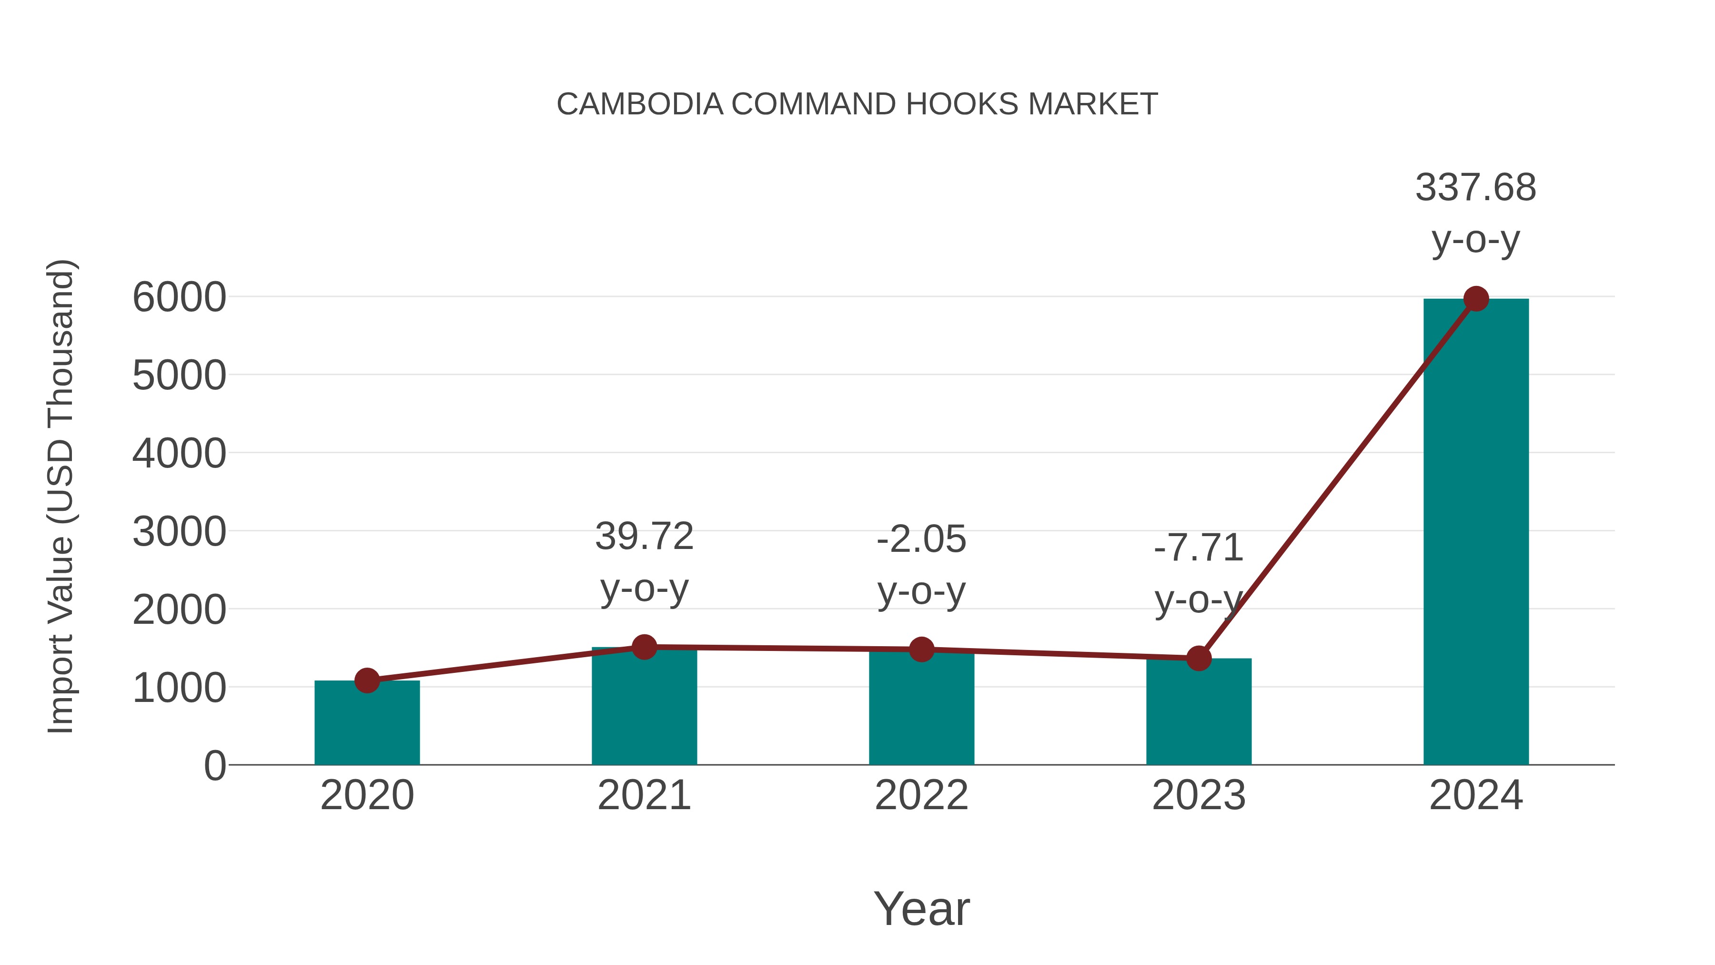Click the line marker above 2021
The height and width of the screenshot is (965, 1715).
click(x=644, y=647)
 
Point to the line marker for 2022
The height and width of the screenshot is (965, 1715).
click(x=921, y=650)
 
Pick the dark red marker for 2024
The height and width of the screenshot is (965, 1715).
click(x=1476, y=299)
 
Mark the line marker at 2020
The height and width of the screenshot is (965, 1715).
click(x=367, y=681)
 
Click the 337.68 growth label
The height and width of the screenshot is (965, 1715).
click(x=1475, y=188)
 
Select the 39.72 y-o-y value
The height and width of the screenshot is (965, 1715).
click(x=644, y=537)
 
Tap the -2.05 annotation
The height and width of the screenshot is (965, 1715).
click(x=921, y=539)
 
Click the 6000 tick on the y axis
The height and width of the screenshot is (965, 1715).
click(x=179, y=298)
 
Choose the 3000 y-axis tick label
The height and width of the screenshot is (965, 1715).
click(x=179, y=532)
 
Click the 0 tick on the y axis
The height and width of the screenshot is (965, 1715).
click(x=214, y=766)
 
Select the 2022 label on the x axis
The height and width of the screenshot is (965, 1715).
click(x=921, y=795)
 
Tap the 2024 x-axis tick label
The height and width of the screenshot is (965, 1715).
click(x=1475, y=795)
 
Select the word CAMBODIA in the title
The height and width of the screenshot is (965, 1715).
click(x=640, y=104)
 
